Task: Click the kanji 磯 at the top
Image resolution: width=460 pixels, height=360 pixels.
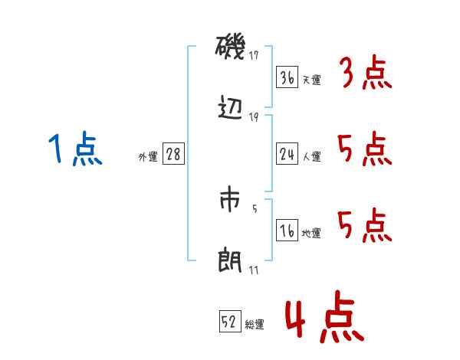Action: tap(230, 50)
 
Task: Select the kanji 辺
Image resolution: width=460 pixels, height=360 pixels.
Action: tap(230, 108)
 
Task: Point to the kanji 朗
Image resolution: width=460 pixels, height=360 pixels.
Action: tap(230, 260)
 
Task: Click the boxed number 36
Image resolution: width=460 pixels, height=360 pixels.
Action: tap(287, 77)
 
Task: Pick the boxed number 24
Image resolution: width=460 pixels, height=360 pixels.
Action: tap(287, 154)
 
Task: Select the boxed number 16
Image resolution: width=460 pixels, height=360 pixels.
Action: tap(287, 231)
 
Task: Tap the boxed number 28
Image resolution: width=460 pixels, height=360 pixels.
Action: tap(173, 154)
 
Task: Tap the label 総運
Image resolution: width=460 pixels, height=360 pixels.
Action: tap(255, 325)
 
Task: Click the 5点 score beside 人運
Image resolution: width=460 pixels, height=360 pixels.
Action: tap(365, 149)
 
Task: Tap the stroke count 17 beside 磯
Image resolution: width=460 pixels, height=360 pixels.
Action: tap(254, 54)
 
